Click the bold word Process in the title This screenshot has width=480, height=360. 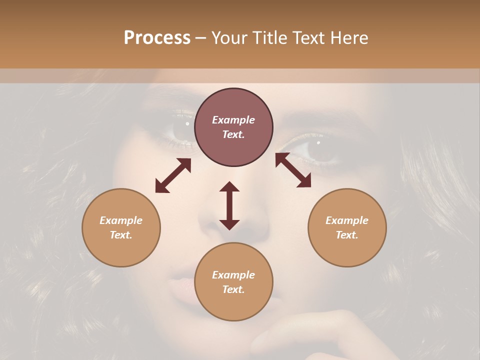(157, 37)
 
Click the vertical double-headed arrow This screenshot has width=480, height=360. (229, 205)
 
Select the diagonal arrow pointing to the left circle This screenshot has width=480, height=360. (173, 175)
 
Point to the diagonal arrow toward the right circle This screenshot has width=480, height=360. (293, 170)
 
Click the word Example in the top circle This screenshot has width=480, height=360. (233, 120)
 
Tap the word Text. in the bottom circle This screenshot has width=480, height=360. (233, 289)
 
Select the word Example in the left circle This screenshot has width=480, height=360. (121, 220)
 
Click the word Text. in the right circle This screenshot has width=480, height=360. (347, 235)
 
